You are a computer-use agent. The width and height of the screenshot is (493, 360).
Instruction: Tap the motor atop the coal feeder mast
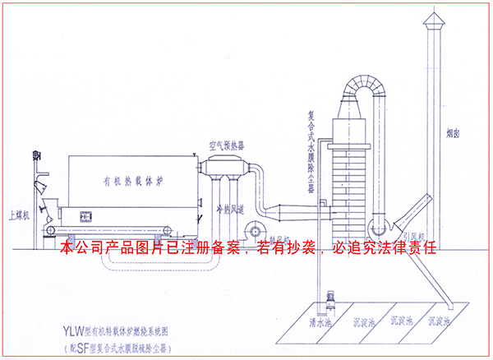[x=36, y=154]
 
